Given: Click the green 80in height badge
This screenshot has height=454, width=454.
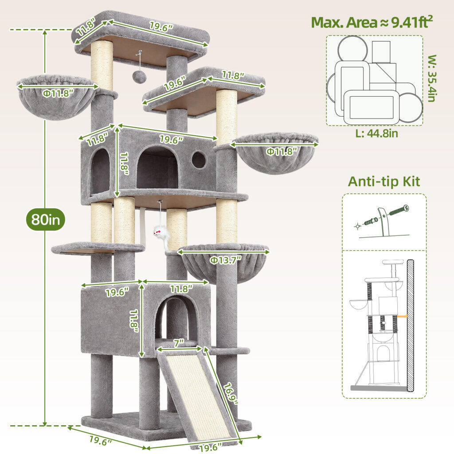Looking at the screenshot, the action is click(x=46, y=219).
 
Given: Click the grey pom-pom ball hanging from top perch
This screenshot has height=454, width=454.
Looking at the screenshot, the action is click(x=138, y=76).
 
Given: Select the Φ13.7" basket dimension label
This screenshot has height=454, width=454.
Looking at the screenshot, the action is click(x=226, y=260).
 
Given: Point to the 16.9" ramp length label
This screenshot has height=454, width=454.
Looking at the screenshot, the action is click(x=231, y=394).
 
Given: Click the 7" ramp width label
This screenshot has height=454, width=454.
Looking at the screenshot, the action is click(x=179, y=343).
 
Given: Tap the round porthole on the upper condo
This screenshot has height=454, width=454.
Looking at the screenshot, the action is click(x=199, y=160).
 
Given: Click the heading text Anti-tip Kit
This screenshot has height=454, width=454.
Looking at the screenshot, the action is click(x=384, y=182).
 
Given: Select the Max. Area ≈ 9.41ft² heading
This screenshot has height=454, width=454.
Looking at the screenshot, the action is click(x=372, y=22).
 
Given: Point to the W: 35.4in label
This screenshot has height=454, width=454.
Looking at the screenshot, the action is click(x=432, y=78).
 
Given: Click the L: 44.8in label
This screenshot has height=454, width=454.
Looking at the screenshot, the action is click(x=377, y=133).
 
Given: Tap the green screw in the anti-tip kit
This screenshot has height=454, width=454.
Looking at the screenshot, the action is click(x=399, y=210).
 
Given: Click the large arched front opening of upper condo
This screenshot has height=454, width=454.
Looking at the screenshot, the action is click(x=157, y=168).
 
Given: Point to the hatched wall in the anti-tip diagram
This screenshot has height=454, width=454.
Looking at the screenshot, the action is click(x=410, y=326).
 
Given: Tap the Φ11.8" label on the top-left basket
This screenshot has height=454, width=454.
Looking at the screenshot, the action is click(x=58, y=93).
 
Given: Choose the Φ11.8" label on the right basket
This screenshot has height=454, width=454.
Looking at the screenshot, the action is click(x=282, y=151).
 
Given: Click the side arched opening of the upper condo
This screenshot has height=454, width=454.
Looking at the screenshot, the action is click(x=101, y=172).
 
